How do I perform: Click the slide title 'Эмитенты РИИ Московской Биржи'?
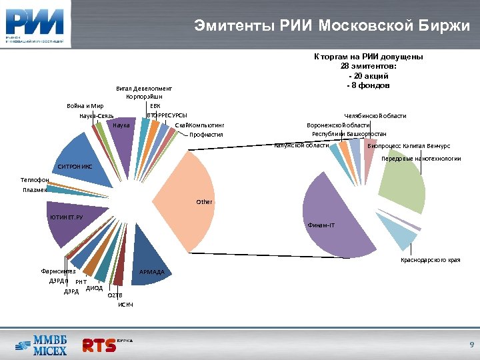[331, 26]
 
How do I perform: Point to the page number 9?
[471, 345]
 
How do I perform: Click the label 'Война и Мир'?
[85, 106]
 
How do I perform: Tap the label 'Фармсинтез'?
[59, 271]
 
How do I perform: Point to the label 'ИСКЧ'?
[125, 305]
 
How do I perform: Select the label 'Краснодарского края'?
[430, 259]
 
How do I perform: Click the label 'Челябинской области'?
[375, 116]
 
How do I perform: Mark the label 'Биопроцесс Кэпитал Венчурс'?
[409, 145]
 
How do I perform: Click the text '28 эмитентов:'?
[369, 66]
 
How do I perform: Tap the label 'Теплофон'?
[34, 180]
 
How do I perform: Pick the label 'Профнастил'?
[205, 135]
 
